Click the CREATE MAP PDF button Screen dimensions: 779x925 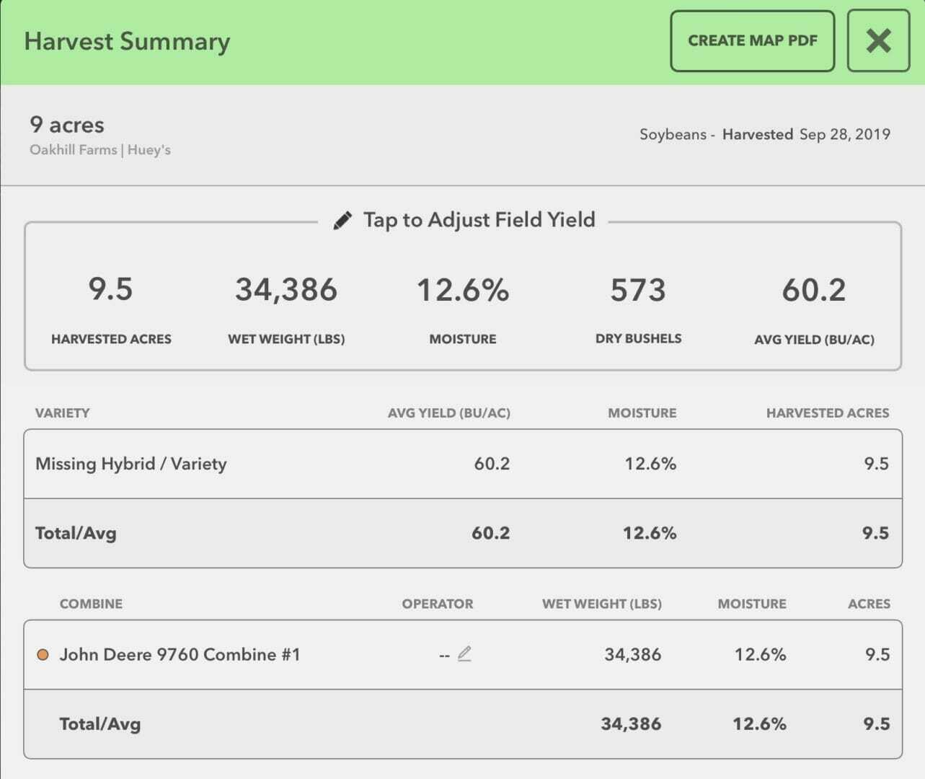pos(752,41)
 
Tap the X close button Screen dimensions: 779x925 pos(878,41)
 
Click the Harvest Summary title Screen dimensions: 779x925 pos(127,41)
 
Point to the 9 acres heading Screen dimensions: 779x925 pos(67,125)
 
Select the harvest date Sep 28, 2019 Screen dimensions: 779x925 pos(844,134)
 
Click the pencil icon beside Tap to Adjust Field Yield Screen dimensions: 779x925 pos(342,220)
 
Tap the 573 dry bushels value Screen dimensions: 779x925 pos(638,290)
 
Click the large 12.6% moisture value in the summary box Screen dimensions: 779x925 pos(463,290)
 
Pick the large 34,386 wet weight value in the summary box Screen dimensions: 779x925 pos(286,290)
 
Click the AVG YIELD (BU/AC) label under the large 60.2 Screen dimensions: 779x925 pos(814,339)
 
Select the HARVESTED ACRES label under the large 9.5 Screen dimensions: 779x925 pos(111,339)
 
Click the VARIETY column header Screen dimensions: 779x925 pos(63,413)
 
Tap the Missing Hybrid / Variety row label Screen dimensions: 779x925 pos(131,464)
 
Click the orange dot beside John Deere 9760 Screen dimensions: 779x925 pos(43,655)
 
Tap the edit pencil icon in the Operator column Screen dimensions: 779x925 pos(464,654)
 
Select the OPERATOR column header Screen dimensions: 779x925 pos(438,604)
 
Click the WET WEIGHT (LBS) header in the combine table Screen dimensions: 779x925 pos(602,604)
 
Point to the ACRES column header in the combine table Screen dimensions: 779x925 pos(869,604)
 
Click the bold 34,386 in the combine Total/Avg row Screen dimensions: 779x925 pos(631,724)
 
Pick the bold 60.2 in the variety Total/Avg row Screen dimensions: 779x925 pos(490,533)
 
